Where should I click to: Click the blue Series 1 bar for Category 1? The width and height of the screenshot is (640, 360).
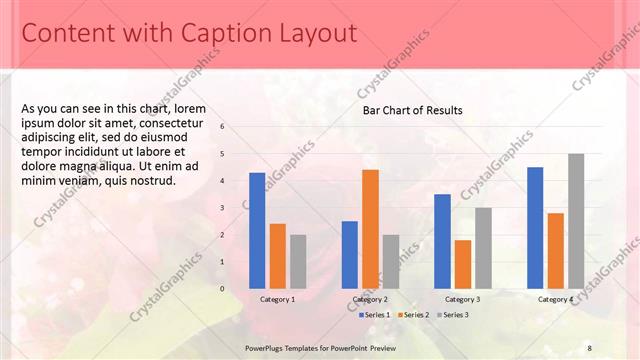pyautogui.click(x=257, y=230)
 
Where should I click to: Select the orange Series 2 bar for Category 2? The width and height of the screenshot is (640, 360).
pyautogui.click(x=370, y=229)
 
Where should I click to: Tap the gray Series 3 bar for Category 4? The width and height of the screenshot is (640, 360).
pyautogui.click(x=576, y=221)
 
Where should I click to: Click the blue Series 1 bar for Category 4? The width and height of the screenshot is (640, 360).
pyautogui.click(x=535, y=227)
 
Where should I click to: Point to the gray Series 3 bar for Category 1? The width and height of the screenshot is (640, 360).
pyautogui.click(x=298, y=261)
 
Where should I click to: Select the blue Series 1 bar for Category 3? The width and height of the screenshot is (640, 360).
pyautogui.click(x=442, y=241)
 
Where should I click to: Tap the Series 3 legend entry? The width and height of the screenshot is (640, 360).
pyautogui.click(x=453, y=315)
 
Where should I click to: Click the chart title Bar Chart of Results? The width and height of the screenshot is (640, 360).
pyautogui.click(x=412, y=110)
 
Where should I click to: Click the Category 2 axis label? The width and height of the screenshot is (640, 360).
pyautogui.click(x=370, y=299)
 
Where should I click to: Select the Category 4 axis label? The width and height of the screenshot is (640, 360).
pyautogui.click(x=556, y=299)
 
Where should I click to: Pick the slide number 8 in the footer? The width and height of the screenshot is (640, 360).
pyautogui.click(x=589, y=347)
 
